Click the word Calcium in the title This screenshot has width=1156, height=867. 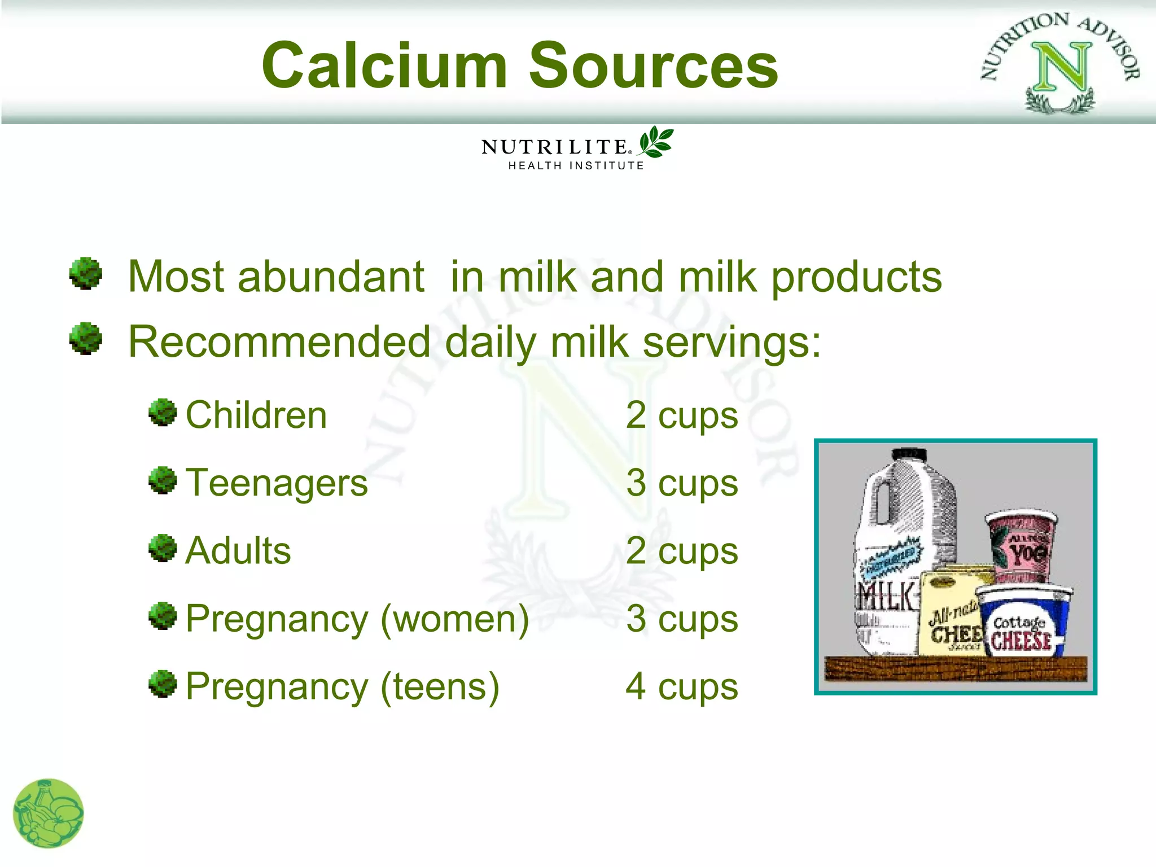click(x=384, y=66)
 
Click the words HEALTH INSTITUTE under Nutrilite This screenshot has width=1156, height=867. click(x=576, y=165)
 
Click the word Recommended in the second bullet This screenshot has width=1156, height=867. click(x=280, y=341)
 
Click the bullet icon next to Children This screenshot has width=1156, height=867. click(x=163, y=413)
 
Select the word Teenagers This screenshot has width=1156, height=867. click(x=277, y=483)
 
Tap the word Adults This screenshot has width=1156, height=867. click(x=238, y=550)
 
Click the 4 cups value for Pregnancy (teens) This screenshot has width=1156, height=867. click(x=682, y=686)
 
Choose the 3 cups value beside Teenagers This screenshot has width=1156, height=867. click(x=682, y=483)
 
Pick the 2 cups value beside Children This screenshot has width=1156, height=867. click(x=682, y=415)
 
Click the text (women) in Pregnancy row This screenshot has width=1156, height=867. click(x=455, y=619)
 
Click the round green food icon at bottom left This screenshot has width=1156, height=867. click(x=49, y=813)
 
